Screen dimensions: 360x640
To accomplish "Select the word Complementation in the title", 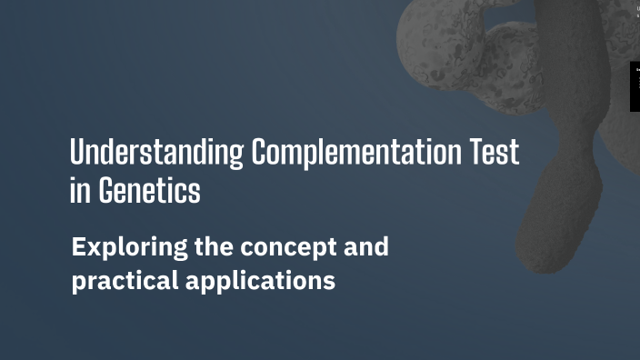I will [x=356, y=153].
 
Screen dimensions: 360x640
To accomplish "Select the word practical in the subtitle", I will [x=125, y=281].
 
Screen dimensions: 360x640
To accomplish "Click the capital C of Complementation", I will [x=261, y=153].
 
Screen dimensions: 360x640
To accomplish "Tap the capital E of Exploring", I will [x=79, y=247].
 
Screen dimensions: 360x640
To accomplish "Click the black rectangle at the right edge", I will [x=635, y=86].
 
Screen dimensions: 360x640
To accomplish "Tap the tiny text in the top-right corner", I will [x=636, y=11].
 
